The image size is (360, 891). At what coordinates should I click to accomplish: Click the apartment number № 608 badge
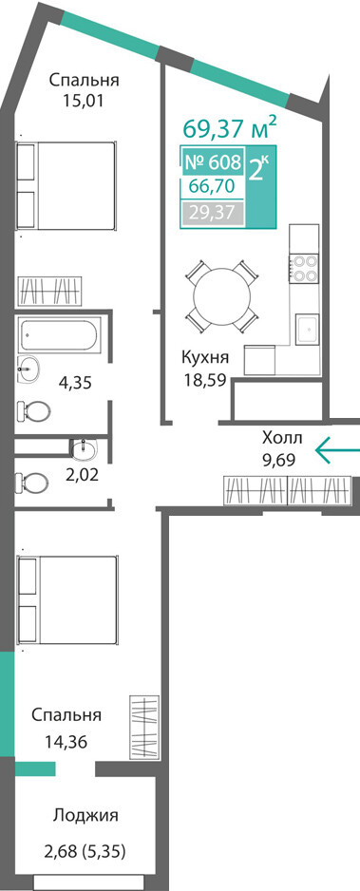[213, 162]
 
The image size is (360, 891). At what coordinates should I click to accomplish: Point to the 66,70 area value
[208, 186]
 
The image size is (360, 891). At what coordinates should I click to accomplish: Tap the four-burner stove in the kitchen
[303, 268]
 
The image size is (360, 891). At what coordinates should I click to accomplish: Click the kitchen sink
[307, 331]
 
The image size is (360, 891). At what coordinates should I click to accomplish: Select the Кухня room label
[205, 357]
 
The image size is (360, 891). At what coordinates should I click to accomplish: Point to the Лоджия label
[85, 816]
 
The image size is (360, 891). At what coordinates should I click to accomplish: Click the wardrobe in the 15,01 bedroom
[51, 292]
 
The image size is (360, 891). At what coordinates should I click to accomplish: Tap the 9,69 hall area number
[278, 459]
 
